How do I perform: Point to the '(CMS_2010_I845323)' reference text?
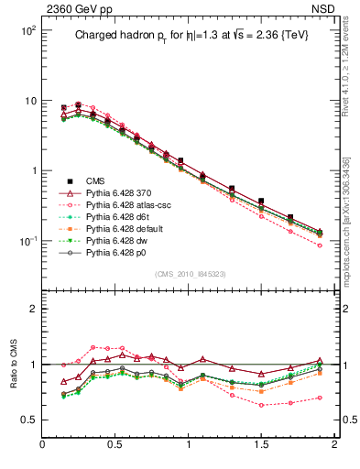click(x=190, y=274)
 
